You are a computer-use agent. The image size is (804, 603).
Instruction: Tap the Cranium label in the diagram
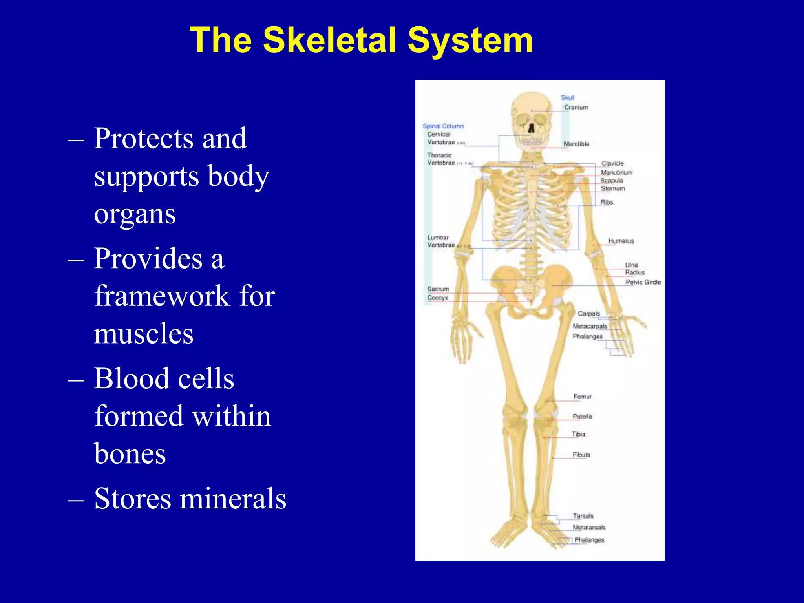click(x=576, y=107)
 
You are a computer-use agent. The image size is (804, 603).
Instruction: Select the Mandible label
click(x=576, y=144)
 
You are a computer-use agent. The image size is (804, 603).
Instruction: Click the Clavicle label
click(x=612, y=163)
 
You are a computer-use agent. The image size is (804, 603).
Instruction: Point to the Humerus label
click(x=621, y=241)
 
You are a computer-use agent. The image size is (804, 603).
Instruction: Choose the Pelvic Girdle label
click(x=643, y=282)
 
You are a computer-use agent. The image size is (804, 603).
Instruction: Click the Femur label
click(x=582, y=397)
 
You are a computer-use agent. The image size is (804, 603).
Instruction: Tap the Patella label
click(x=582, y=417)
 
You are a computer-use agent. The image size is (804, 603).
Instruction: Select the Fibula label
click(x=581, y=455)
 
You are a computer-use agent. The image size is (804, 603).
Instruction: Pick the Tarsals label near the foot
click(x=583, y=516)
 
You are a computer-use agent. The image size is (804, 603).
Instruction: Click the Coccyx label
click(x=437, y=298)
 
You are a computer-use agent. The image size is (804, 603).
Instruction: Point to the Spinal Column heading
click(x=443, y=126)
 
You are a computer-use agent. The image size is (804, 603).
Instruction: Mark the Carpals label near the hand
click(x=588, y=314)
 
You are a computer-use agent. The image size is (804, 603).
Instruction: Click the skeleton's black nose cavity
click(x=531, y=128)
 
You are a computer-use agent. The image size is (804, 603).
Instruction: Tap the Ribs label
click(x=606, y=202)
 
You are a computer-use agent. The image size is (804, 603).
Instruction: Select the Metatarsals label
click(x=589, y=527)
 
